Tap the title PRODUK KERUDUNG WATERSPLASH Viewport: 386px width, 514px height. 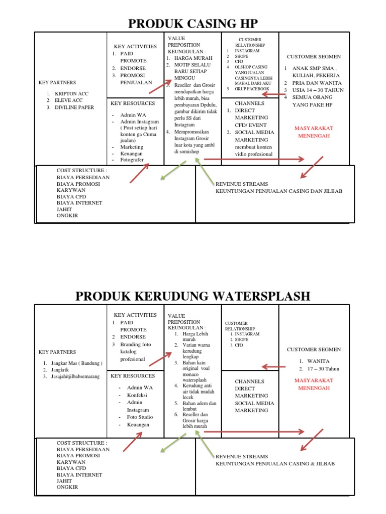[x=192, y=296]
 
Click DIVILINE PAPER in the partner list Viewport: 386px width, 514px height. [x=74, y=107]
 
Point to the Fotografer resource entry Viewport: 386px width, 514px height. [x=132, y=160]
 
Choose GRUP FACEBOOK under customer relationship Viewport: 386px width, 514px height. [x=252, y=89]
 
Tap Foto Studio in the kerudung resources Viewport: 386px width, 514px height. [x=140, y=417]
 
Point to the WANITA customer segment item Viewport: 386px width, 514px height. [x=319, y=361]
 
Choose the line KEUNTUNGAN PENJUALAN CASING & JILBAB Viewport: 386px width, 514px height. [x=275, y=464]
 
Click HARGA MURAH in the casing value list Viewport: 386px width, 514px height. [x=194, y=58]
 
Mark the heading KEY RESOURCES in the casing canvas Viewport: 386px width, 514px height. [x=133, y=103]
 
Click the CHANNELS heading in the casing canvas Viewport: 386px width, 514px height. [x=249, y=103]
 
